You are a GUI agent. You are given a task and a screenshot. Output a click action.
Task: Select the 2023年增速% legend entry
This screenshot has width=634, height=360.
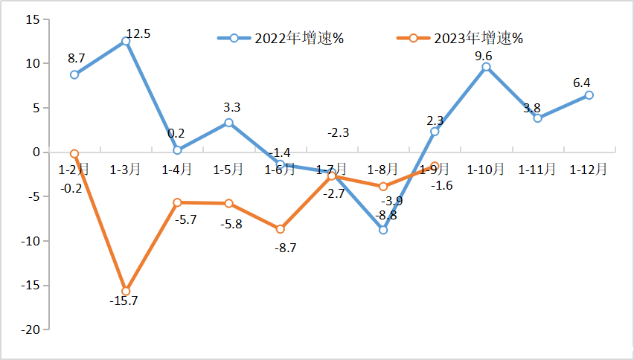click(461, 38)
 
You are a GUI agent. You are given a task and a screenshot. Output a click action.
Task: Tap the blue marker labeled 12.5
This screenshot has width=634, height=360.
click(126, 41)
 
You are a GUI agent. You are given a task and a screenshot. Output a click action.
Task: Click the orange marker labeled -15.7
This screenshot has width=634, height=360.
click(126, 291)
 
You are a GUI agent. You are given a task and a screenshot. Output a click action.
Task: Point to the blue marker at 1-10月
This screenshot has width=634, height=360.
click(486, 67)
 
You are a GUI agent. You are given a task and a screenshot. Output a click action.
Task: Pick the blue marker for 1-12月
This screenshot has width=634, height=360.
click(589, 95)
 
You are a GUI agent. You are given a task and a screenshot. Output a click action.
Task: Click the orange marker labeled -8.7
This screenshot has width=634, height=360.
click(281, 229)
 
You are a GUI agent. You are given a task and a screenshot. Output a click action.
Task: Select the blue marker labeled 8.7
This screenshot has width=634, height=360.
click(74, 74)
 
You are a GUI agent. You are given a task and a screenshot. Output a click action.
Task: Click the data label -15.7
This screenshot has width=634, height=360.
click(124, 301)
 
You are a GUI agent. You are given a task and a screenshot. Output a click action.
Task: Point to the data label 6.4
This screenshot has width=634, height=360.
click(582, 83)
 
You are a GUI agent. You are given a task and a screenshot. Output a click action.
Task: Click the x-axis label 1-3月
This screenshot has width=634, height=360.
click(125, 170)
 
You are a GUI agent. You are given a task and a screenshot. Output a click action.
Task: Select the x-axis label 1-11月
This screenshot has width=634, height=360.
click(537, 170)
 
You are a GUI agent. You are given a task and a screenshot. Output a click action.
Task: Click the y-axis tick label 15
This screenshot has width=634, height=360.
click(32, 19)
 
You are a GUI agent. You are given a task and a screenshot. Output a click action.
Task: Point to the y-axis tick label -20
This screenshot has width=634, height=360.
click(29, 330)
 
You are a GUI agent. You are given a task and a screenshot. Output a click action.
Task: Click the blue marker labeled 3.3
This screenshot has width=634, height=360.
click(228, 123)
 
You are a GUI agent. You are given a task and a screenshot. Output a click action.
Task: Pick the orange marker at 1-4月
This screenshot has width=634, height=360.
click(177, 202)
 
